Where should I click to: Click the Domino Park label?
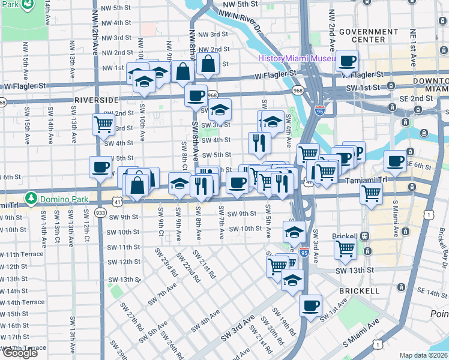pyautogui.click(x=64, y=198)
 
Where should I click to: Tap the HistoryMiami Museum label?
pyautogui.click(x=297, y=58)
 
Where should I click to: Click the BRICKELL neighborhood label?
pyautogui.click(x=359, y=290)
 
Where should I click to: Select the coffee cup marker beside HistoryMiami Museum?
pyautogui.click(x=347, y=61)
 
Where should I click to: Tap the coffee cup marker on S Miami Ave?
pyautogui.click(x=395, y=161)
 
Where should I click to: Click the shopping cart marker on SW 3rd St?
pyautogui.click(x=103, y=124)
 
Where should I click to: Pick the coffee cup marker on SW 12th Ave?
pyautogui.click(x=100, y=166)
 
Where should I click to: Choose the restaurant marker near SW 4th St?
pyautogui.click(x=259, y=142)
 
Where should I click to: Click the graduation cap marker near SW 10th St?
pyautogui.click(x=294, y=232)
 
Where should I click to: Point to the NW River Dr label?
pyautogui.click(x=247, y=22)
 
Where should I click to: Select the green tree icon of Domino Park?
pyautogui.click(x=31, y=198)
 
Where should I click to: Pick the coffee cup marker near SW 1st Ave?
pyautogui.click(x=311, y=305)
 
